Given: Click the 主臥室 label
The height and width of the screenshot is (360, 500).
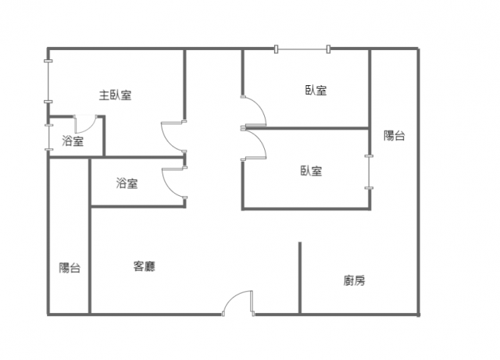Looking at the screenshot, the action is tap(115, 95).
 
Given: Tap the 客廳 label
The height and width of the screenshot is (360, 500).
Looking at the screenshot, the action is tap(145, 266).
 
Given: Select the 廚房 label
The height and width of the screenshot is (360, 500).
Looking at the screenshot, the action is tap(354, 280).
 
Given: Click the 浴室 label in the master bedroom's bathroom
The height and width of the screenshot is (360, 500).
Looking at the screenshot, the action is tap(73, 141).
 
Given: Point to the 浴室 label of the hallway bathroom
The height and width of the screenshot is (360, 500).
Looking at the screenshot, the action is tap(127, 184).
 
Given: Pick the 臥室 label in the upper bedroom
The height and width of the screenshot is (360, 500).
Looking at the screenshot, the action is tap(316, 91).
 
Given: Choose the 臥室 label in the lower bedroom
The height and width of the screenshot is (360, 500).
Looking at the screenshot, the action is tap(312, 171).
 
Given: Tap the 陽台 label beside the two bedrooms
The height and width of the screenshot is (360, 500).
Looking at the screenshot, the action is tap(395, 136).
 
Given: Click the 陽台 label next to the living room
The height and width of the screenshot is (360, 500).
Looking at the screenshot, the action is tap(70, 268).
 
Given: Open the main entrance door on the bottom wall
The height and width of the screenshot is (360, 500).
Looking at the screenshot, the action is tap(238, 303).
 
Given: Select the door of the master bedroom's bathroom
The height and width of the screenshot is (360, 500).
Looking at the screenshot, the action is tap(85, 124).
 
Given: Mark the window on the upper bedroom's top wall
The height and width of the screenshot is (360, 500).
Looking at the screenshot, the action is tap(302, 49).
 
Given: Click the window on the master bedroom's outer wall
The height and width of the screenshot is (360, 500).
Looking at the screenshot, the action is tap(48, 81).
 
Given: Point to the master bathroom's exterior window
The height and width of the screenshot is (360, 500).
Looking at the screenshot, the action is tap(48, 137).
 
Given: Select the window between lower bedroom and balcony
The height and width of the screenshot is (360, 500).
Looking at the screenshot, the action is tap(369, 172).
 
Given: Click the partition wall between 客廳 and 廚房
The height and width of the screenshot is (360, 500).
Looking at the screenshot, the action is tap(300, 277).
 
